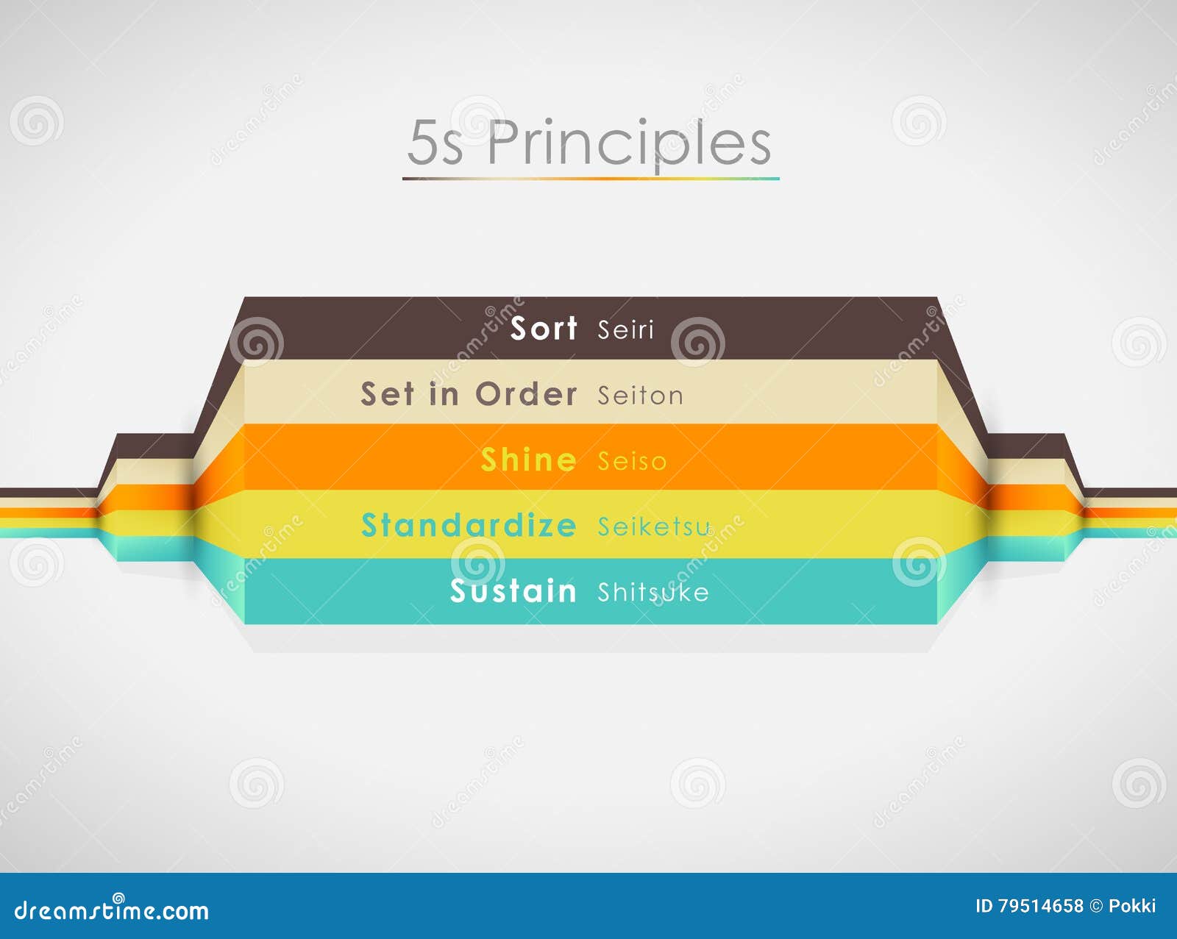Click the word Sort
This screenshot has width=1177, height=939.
click(x=544, y=328)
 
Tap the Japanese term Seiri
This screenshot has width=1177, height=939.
click(x=625, y=330)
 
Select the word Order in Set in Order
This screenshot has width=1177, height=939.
click(x=526, y=395)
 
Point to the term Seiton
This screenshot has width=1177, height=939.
click(x=640, y=396)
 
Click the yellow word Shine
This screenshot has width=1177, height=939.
click(x=528, y=460)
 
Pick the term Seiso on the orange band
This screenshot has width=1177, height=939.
click(x=632, y=462)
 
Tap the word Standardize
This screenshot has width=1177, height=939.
click(x=469, y=526)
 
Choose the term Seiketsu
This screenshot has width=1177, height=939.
click(x=654, y=526)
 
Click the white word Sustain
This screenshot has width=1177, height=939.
click(x=513, y=591)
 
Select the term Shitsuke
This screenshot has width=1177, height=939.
click(x=652, y=593)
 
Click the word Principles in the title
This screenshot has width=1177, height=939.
click(x=629, y=143)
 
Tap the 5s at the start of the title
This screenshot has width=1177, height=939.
click(x=435, y=143)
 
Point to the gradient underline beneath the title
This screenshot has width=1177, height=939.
click(x=590, y=179)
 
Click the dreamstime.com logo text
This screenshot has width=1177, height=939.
click(x=112, y=910)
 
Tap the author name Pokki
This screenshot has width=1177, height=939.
click(x=1132, y=906)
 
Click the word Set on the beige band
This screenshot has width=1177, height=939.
click(x=387, y=395)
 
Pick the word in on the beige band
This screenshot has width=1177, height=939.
click(x=444, y=395)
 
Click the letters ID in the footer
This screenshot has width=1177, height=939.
click(x=984, y=906)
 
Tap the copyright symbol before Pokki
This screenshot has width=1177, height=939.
click(x=1096, y=906)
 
